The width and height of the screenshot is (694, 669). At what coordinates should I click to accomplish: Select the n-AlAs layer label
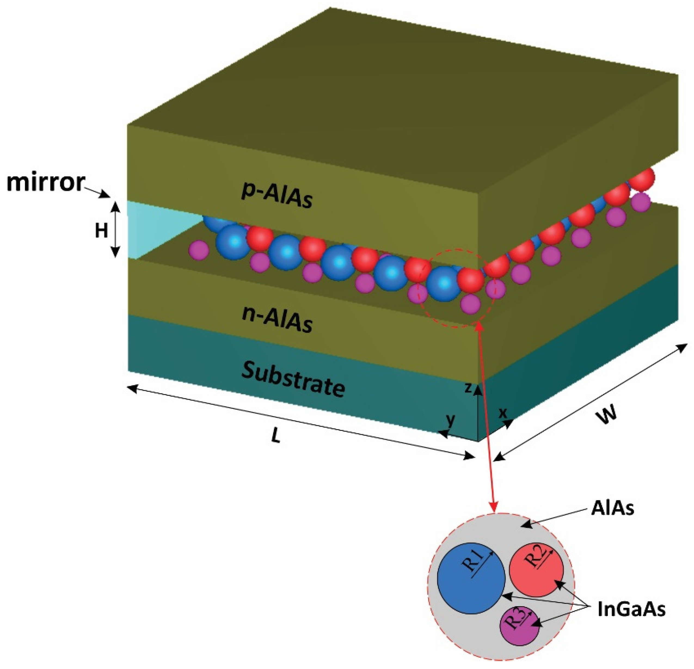[277, 320]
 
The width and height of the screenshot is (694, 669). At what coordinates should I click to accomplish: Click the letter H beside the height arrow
[101, 231]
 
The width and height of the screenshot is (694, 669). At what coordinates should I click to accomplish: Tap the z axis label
[468, 388]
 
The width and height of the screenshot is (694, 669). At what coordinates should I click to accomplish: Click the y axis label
[450, 420]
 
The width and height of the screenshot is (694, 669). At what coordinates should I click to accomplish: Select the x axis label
[503, 413]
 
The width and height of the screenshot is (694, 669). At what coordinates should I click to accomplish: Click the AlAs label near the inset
[612, 509]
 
